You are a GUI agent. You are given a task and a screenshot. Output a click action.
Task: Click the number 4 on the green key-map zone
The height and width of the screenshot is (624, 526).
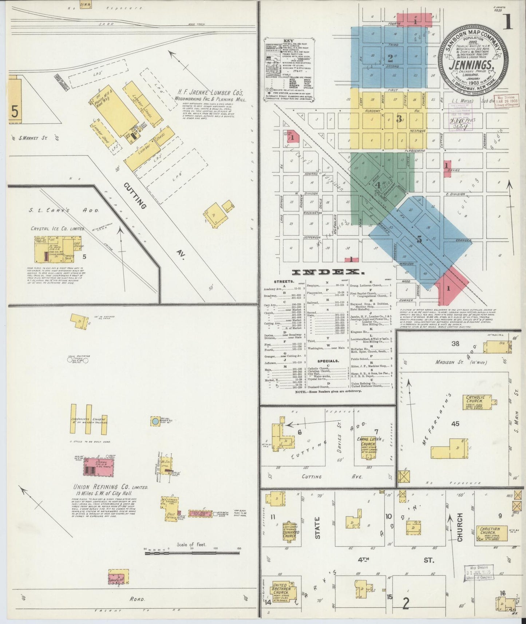coord(378,185)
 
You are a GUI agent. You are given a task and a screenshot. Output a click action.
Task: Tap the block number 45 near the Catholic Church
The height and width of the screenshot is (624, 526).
coord(455,424)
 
